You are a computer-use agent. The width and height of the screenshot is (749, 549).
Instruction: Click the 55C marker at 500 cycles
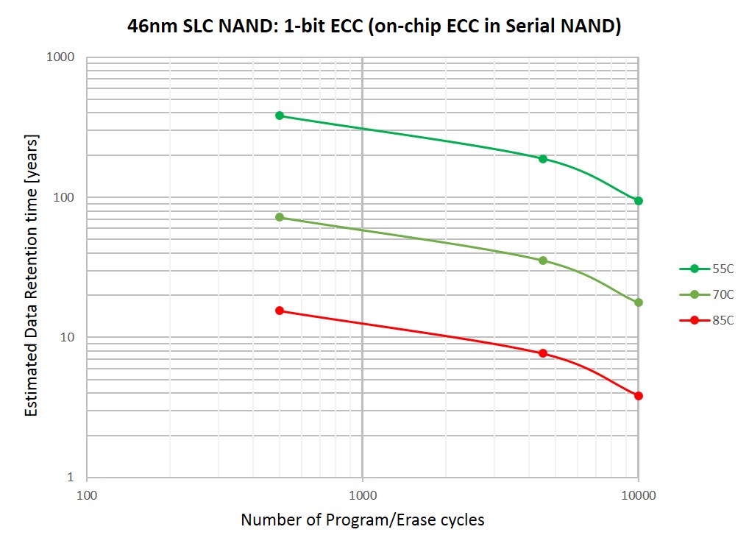(280, 116)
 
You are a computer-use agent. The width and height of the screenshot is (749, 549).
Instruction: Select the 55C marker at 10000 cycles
(639, 201)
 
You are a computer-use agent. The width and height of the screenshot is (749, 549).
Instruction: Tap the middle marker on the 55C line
(543, 159)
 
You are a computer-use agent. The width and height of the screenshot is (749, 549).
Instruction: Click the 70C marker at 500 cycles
(280, 217)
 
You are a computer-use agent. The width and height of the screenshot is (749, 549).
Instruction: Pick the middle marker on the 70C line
(543, 261)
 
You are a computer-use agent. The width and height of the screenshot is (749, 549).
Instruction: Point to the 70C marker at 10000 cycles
(639, 302)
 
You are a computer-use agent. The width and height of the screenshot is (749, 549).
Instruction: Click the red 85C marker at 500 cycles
(280, 311)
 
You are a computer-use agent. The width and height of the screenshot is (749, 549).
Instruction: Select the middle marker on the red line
(543, 353)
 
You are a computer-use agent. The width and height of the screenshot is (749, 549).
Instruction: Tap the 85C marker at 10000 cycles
(639, 396)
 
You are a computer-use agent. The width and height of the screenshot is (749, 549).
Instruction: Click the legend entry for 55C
(706, 269)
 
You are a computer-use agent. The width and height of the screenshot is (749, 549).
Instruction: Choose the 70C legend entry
(706, 294)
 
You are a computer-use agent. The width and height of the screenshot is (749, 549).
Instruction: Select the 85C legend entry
(706, 320)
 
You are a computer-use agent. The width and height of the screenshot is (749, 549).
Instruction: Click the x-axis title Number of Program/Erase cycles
(363, 520)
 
